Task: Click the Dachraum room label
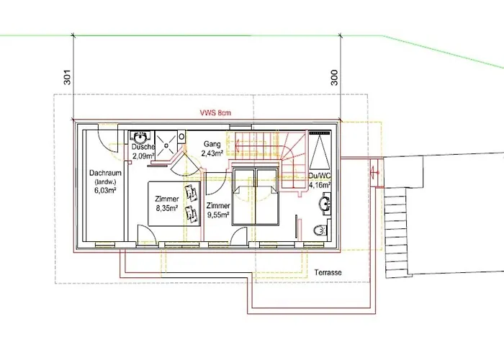(105, 173)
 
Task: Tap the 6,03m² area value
(105, 190)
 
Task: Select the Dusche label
(143, 147)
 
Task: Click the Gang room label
(212, 144)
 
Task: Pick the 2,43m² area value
(212, 153)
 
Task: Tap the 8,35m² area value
(167, 208)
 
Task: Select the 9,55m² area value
(218, 215)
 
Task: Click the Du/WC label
(320, 176)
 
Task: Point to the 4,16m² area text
(320, 185)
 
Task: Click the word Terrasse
(328, 273)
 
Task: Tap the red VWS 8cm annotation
(215, 113)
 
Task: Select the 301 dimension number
(67, 77)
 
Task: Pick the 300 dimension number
(334, 78)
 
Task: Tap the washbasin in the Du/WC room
(325, 203)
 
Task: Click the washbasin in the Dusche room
(140, 138)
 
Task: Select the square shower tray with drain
(166, 145)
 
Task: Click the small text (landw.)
(104, 182)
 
